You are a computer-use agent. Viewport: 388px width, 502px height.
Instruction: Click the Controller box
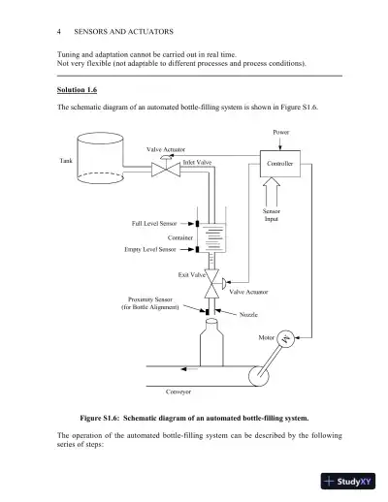[279, 164]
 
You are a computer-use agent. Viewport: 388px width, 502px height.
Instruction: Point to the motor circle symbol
[287, 338]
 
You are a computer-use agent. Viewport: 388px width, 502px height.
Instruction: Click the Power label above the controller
[280, 132]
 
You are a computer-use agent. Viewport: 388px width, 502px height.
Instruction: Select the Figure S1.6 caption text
[194, 418]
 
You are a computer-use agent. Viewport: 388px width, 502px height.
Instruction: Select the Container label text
[181, 236]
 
